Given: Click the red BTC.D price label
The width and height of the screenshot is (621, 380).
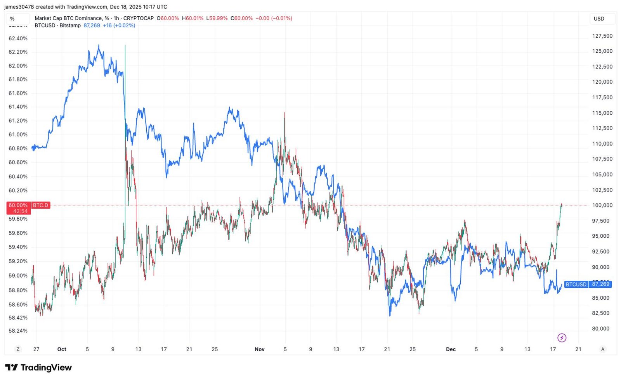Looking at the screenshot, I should tap(40, 205).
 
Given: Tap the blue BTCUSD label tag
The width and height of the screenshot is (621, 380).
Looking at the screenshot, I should tap(576, 284).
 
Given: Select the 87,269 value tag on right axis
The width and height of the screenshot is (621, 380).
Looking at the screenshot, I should tap(600, 284).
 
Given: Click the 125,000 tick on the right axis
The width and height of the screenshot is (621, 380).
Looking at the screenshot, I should tap(602, 51).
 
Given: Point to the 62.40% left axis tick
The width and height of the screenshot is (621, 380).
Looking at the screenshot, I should tap(18, 38).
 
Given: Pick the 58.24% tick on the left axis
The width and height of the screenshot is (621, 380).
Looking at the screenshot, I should tap(18, 331).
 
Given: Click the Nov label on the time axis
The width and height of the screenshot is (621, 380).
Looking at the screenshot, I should tap(259, 349).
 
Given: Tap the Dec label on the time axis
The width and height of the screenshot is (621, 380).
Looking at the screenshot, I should tap(451, 349).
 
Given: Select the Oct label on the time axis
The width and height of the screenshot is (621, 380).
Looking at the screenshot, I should tap(62, 349).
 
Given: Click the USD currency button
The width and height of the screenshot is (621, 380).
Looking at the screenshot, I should tap(599, 19).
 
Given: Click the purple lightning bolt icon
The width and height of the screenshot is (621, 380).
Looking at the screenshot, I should tap(562, 338).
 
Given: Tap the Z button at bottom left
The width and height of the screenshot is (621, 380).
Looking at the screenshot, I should tap(18, 349).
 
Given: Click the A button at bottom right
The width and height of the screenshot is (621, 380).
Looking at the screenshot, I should tap(602, 349).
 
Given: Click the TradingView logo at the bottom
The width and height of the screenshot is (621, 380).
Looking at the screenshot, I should tap(38, 368).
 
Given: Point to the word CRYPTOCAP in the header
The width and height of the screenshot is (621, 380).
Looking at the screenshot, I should tap(138, 18).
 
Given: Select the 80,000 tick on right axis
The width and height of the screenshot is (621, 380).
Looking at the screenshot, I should tap(602, 329).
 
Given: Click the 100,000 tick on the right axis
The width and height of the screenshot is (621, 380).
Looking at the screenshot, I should tap(602, 205).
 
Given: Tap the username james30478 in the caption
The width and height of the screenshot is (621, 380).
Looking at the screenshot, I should tap(19, 7).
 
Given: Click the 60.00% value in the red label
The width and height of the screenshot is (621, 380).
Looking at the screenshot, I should tap(18, 205).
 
